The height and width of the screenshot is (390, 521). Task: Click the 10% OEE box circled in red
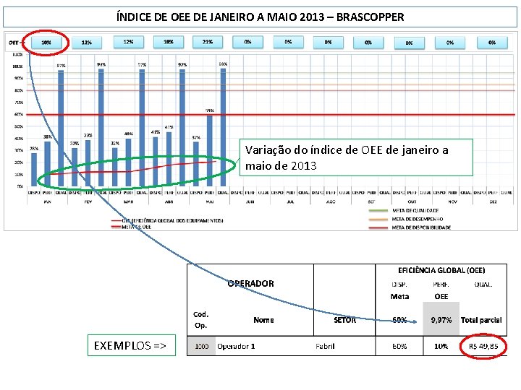(x=46, y=43)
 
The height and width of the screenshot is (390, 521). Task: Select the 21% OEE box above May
(x=208, y=42)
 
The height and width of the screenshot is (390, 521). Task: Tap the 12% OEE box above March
(x=128, y=42)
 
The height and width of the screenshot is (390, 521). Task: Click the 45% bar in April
(x=156, y=159)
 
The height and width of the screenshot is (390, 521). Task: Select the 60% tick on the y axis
(x=17, y=114)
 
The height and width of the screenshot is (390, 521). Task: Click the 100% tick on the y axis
(x=17, y=66)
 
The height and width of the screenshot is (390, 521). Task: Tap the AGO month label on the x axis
(x=330, y=202)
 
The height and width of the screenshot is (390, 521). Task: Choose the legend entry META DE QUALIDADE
(x=415, y=210)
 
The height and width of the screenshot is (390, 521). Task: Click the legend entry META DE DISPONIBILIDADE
(x=420, y=227)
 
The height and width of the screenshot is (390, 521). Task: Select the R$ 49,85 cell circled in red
(x=483, y=346)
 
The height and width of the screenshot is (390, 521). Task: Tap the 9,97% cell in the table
(x=441, y=319)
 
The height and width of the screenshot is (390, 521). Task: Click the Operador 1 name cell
(x=236, y=346)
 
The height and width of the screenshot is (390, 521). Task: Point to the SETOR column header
(x=344, y=320)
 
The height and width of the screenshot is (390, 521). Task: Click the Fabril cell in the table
(x=325, y=346)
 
